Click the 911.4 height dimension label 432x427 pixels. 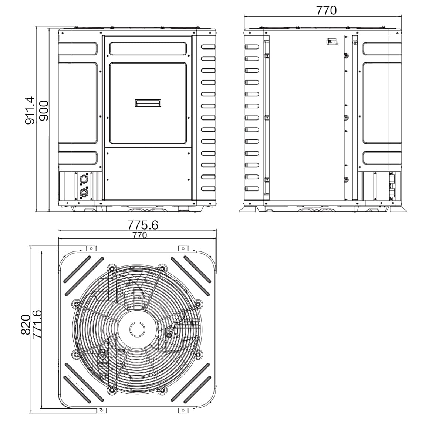click(x=30, y=110)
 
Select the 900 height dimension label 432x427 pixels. click(x=44, y=111)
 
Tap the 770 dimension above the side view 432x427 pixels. click(x=326, y=10)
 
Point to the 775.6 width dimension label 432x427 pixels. click(x=142, y=225)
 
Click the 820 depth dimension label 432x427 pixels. click(x=26, y=325)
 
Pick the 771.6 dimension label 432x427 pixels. click(x=37, y=324)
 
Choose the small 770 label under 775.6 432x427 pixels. click(x=140, y=235)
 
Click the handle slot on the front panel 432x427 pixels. click(x=148, y=103)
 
